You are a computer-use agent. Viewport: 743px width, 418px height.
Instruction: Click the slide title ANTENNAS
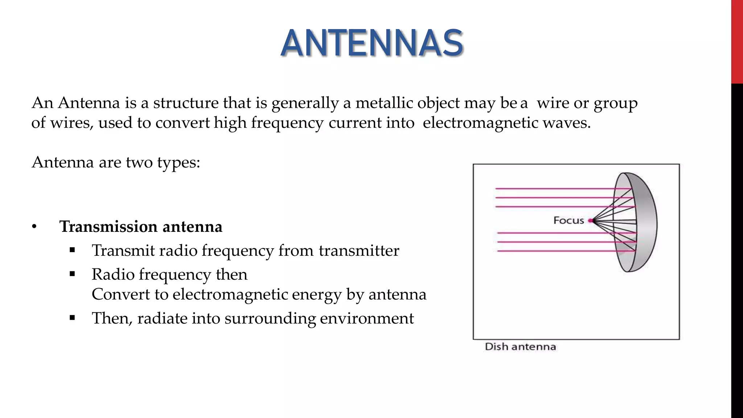pos(371,44)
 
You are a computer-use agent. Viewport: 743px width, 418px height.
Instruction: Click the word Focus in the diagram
pos(568,220)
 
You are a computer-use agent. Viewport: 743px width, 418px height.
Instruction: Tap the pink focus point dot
pos(591,220)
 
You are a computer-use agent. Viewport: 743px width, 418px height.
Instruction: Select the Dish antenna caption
pos(520,347)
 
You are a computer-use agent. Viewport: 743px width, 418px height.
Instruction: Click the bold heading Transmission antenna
pos(141,227)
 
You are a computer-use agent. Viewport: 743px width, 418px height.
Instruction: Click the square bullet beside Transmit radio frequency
pos(72,250)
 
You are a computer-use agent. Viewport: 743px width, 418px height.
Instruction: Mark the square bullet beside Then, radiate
pos(72,318)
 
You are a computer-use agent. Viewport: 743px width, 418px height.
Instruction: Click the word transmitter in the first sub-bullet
pos(359,251)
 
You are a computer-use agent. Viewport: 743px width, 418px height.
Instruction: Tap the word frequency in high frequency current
pos(287,123)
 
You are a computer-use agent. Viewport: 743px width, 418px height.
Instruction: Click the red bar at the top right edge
pos(737,42)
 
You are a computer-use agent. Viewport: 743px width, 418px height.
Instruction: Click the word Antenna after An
pos(89,103)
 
